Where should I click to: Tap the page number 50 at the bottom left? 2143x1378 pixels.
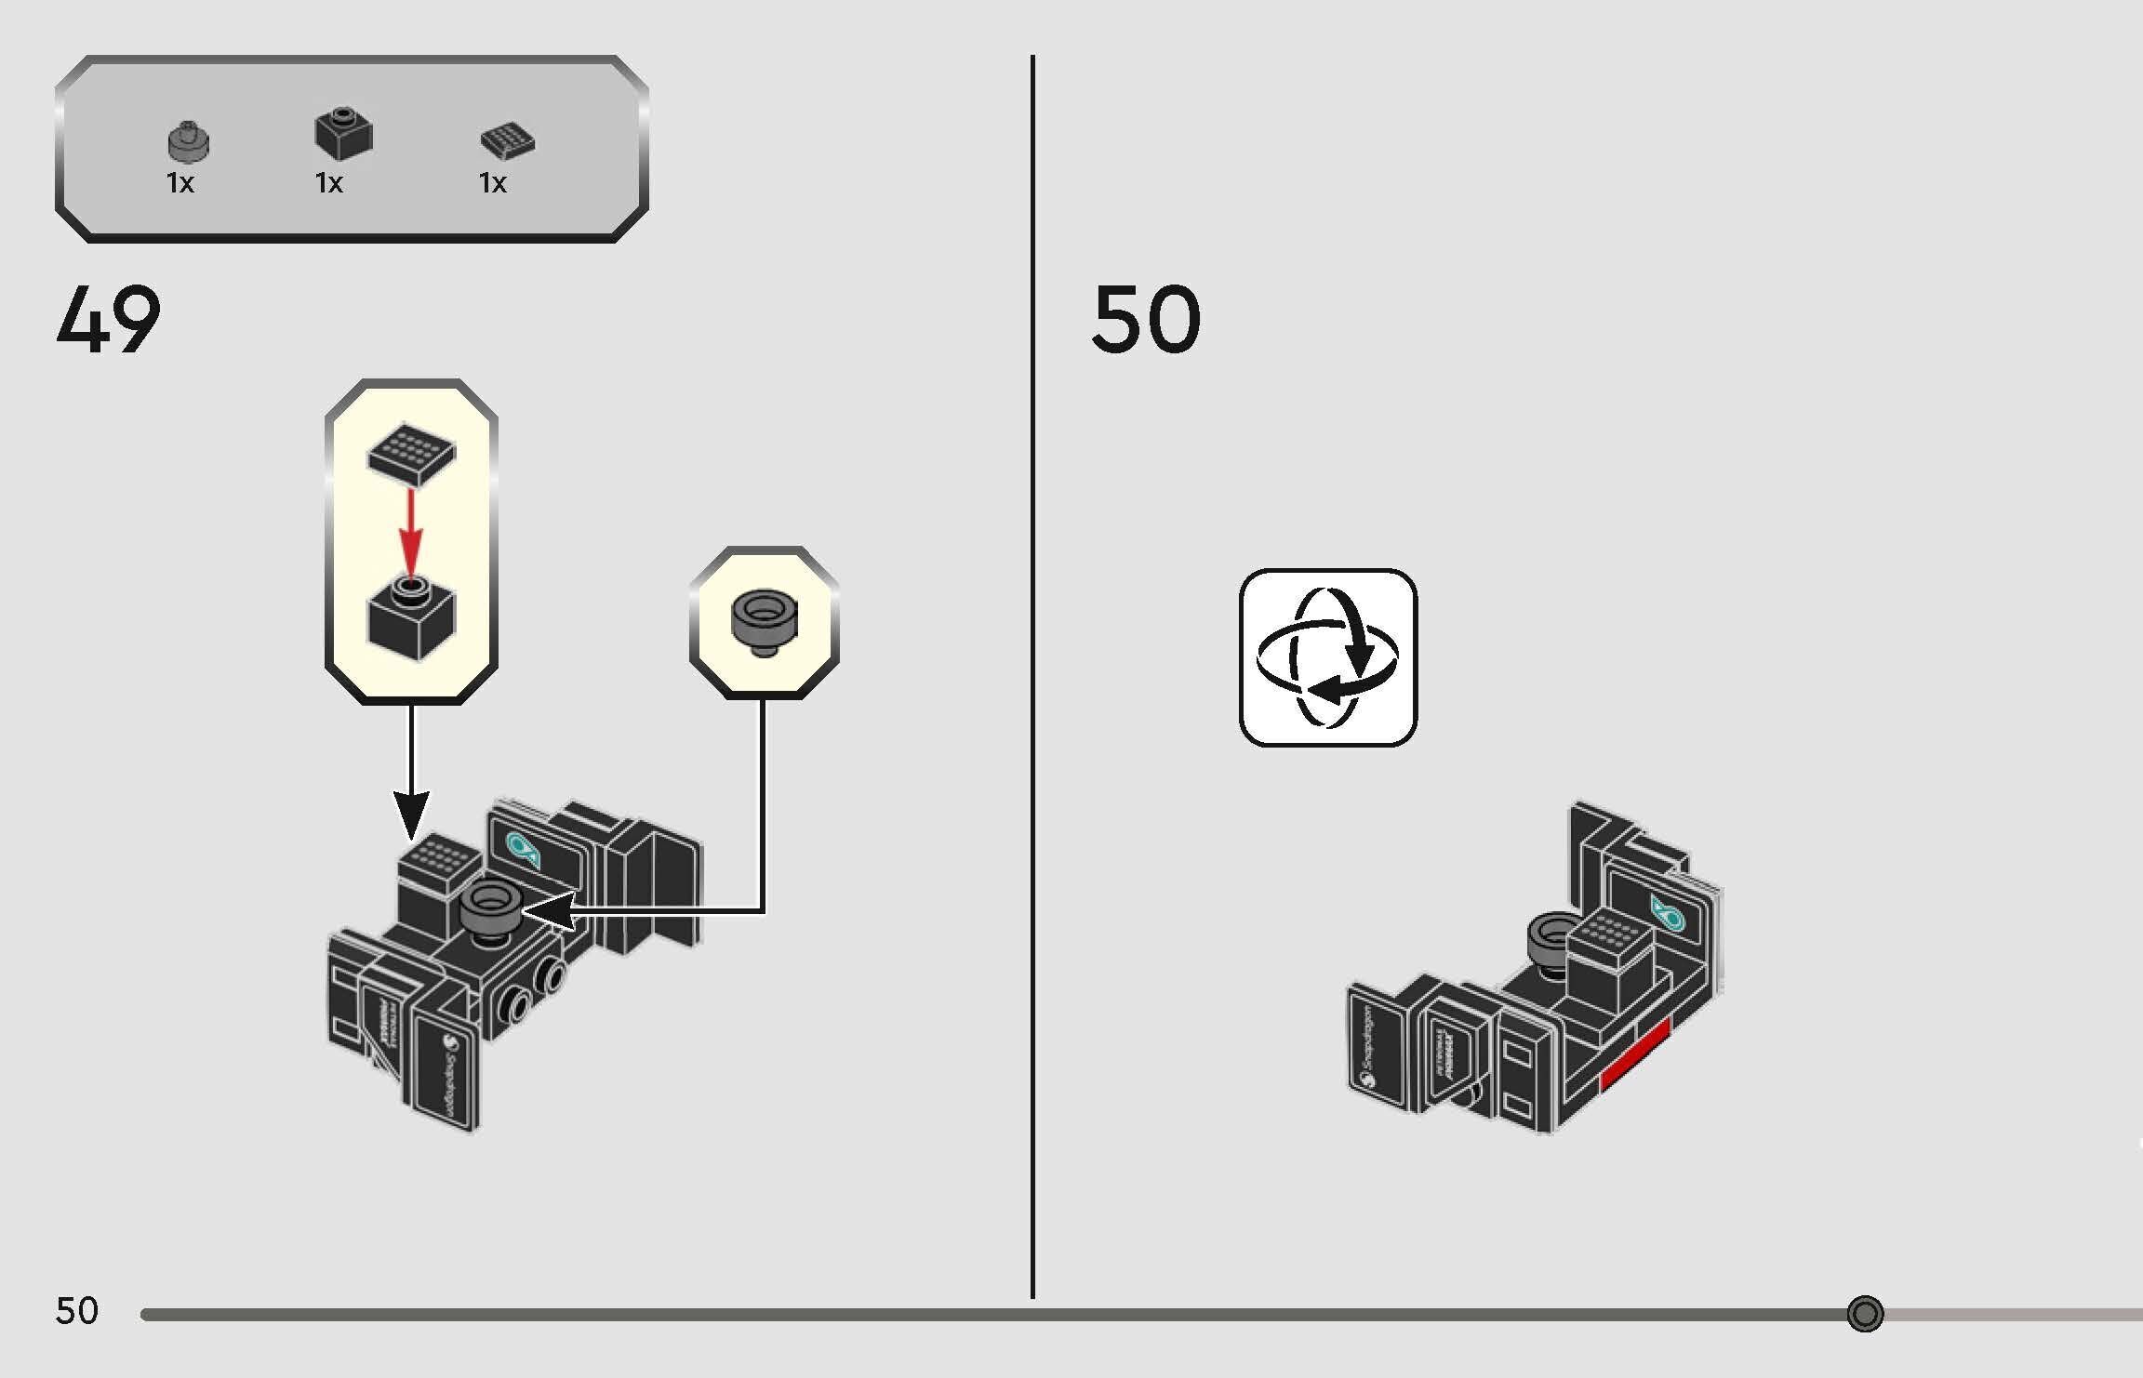[x=76, y=1311]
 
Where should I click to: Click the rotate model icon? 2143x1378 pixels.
[x=1327, y=657]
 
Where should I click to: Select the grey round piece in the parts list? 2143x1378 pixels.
[x=188, y=141]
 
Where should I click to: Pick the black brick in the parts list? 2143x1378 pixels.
[x=343, y=134]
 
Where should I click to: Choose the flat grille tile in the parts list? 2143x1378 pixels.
[x=507, y=141]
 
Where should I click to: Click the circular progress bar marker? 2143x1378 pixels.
[x=1865, y=1314]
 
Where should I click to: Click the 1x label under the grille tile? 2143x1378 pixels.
[x=492, y=183]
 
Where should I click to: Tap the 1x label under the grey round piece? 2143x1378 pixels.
[x=180, y=183]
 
